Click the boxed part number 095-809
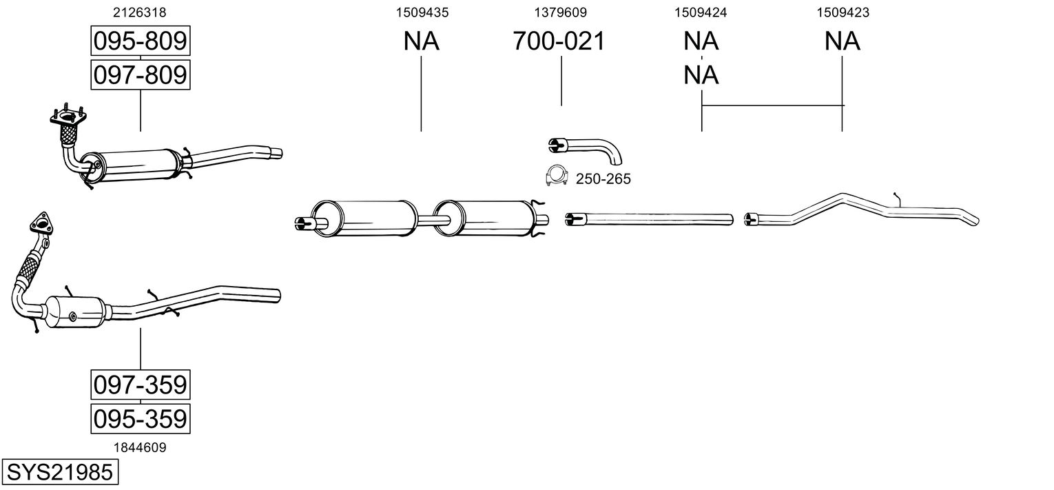(141, 41)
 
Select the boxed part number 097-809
(141, 74)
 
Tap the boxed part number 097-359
(141, 385)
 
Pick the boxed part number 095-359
(141, 418)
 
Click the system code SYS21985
(60, 471)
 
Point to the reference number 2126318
(139, 12)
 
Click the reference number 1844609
(140, 448)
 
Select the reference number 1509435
(422, 12)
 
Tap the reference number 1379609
(560, 12)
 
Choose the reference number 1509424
(701, 12)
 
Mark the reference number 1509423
(843, 12)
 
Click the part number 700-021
(559, 41)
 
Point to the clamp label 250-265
(603, 179)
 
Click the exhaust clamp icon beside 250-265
(556, 176)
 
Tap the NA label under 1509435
(421, 41)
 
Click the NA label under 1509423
(843, 41)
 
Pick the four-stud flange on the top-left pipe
(68, 115)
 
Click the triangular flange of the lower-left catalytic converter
(41, 223)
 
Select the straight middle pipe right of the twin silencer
(650, 219)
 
